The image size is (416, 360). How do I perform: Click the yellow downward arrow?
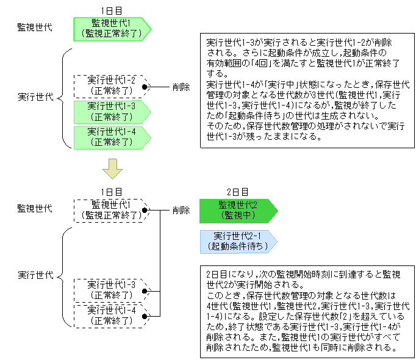(112, 168)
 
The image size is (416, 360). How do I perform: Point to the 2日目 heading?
(237, 192)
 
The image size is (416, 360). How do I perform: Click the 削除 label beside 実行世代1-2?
(181, 87)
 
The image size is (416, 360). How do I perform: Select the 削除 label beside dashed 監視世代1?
(181, 210)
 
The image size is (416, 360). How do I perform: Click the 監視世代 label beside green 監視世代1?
(35, 27)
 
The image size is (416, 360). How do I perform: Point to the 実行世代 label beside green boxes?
(35, 96)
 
